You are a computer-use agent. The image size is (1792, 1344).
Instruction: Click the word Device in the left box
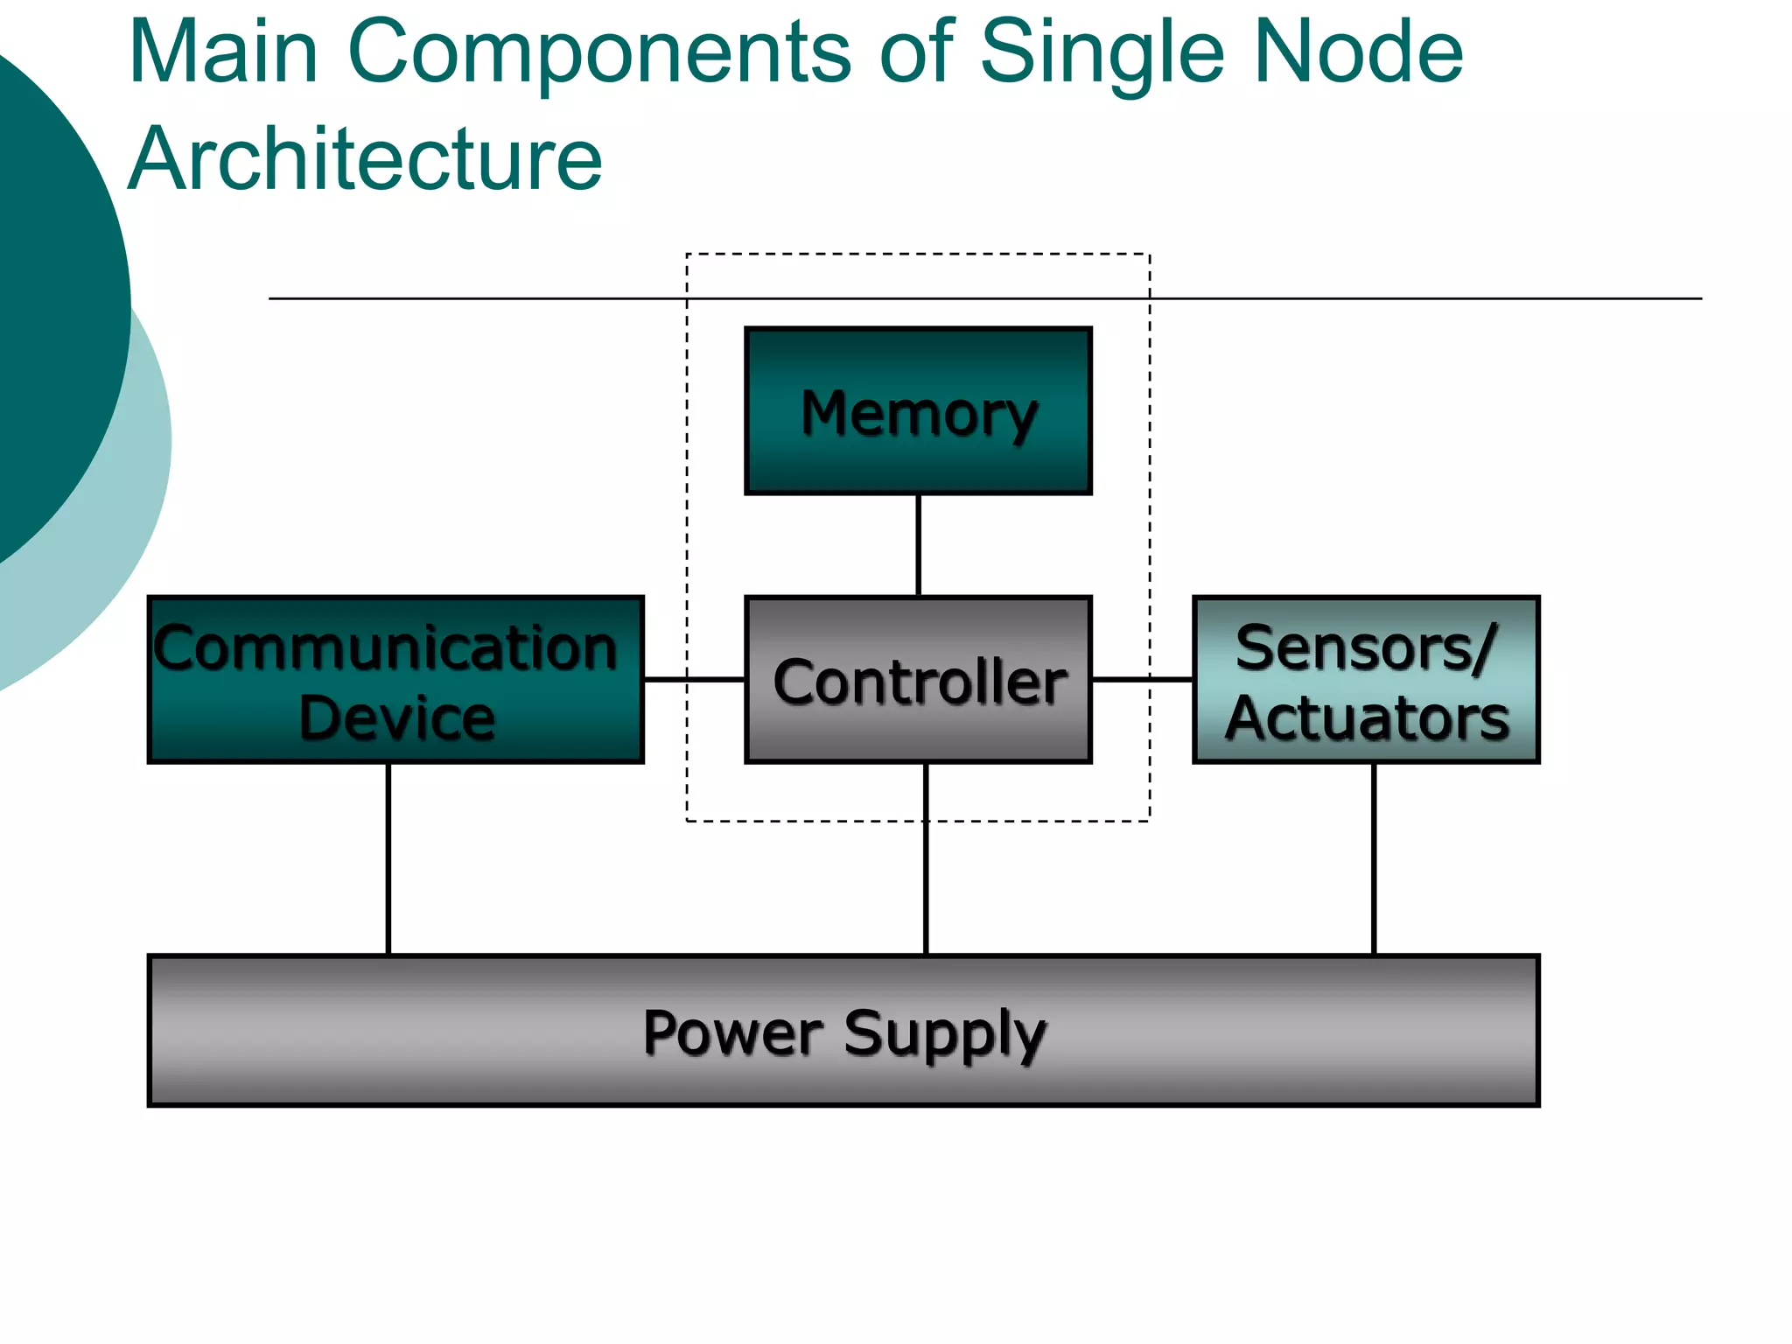396,718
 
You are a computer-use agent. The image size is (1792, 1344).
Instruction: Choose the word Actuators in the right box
1367,718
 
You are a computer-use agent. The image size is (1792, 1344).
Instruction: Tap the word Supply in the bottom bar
945,1035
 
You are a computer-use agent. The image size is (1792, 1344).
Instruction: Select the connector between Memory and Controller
918,545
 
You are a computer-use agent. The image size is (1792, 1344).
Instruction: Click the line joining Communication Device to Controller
694,679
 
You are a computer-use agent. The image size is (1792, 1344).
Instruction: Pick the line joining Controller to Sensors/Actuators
1142,679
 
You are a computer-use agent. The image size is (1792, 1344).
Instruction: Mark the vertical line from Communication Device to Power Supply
388,858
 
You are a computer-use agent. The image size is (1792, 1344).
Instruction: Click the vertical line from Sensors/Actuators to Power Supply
1374,858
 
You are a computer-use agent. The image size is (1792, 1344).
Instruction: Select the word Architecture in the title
365,159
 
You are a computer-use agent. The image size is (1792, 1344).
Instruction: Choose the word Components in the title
599,54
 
